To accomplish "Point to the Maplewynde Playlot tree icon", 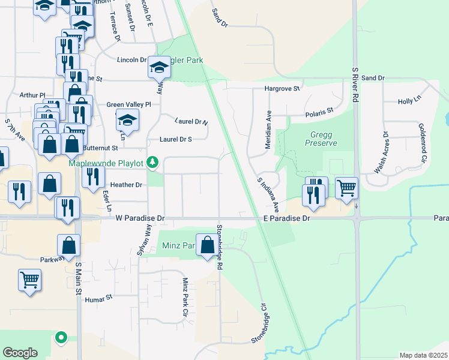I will click(153, 162).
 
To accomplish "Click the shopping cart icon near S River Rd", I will click(347, 188).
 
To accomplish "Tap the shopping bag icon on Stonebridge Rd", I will click(208, 245).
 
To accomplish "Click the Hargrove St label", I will click(283, 89).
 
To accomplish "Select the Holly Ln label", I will click(411, 101).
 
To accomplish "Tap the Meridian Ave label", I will click(269, 129).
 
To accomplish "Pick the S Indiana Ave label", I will click(268, 194).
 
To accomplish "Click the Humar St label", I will click(99, 298).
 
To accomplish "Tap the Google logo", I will click(20, 353).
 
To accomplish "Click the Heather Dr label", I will click(125, 185).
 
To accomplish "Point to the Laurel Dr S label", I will click(175, 139).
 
